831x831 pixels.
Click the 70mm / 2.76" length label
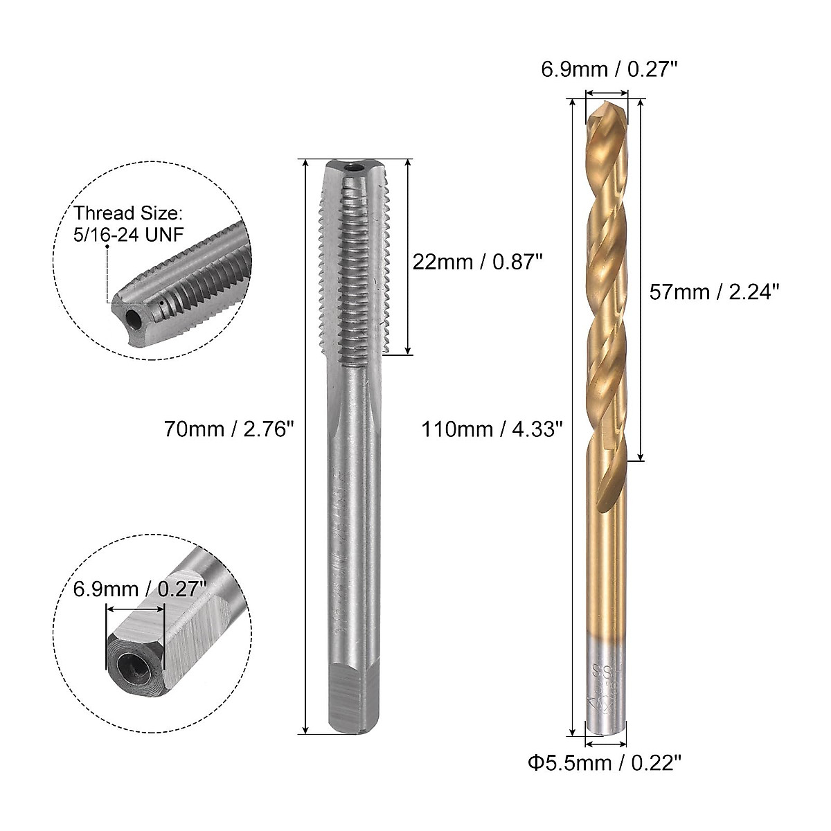click(x=229, y=429)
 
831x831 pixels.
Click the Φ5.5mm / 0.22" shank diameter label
click(x=604, y=763)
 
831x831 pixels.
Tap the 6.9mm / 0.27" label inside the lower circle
click(x=140, y=590)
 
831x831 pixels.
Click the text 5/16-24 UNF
click(x=128, y=234)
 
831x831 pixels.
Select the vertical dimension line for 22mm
click(x=408, y=256)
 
